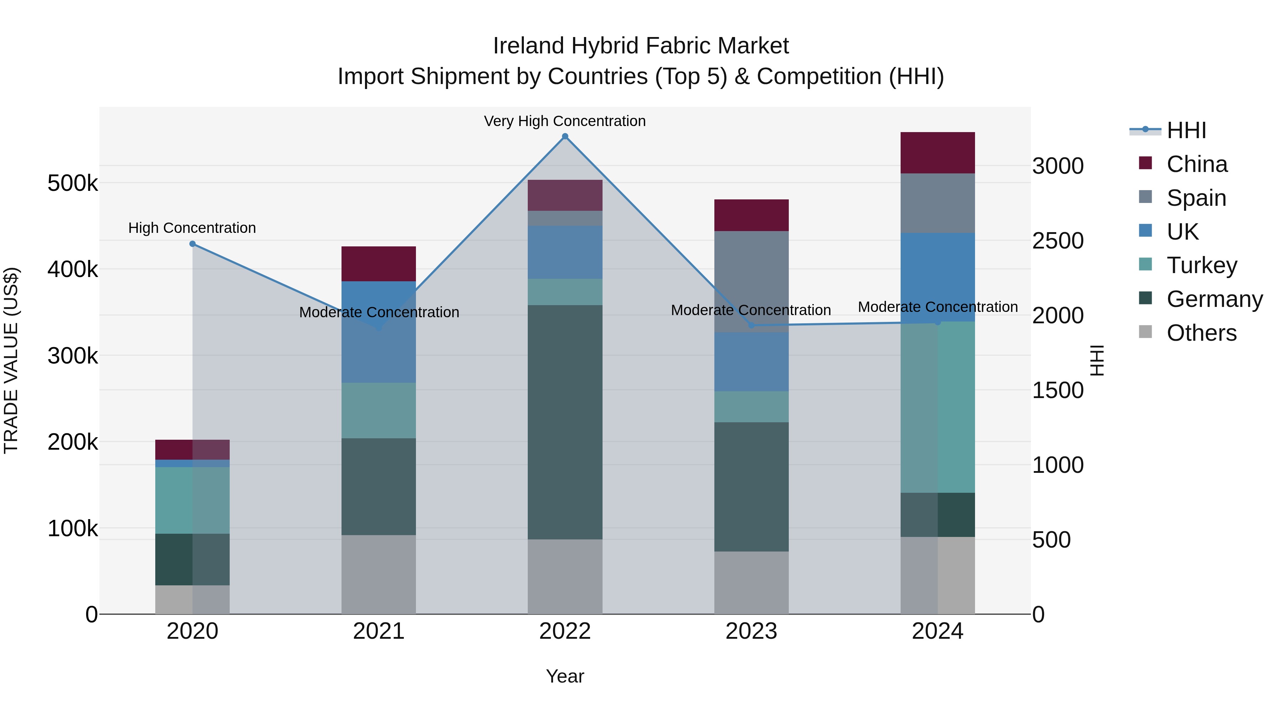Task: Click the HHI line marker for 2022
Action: pos(565,136)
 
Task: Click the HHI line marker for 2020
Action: pos(193,244)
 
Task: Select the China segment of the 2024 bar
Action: pos(938,153)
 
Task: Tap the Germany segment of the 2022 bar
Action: pos(565,422)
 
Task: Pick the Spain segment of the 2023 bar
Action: pos(751,281)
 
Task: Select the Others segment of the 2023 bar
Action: pos(751,582)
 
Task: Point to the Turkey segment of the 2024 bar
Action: pos(938,407)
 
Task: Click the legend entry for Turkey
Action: pos(1202,265)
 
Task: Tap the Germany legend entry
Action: pos(1214,299)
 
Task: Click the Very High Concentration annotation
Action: pos(565,121)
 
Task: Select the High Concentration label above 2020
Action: pos(192,228)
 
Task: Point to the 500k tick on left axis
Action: pos(73,183)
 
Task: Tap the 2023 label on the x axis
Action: pos(751,631)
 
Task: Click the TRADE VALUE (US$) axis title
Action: pos(11,360)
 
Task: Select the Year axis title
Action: pos(565,676)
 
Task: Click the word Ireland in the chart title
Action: pos(528,46)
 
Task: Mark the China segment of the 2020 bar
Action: pos(193,450)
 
